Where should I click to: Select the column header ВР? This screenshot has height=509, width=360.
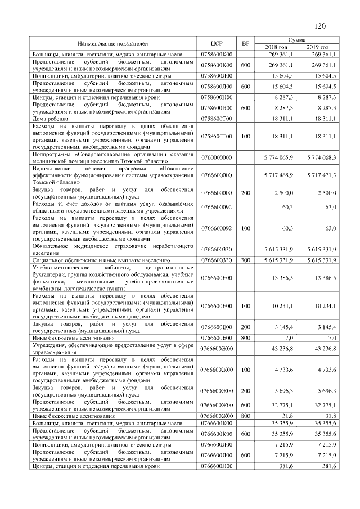[x=245, y=43]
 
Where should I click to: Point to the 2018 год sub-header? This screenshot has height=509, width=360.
[x=276, y=47]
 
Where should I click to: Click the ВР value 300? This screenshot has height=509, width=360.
[x=245, y=260]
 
